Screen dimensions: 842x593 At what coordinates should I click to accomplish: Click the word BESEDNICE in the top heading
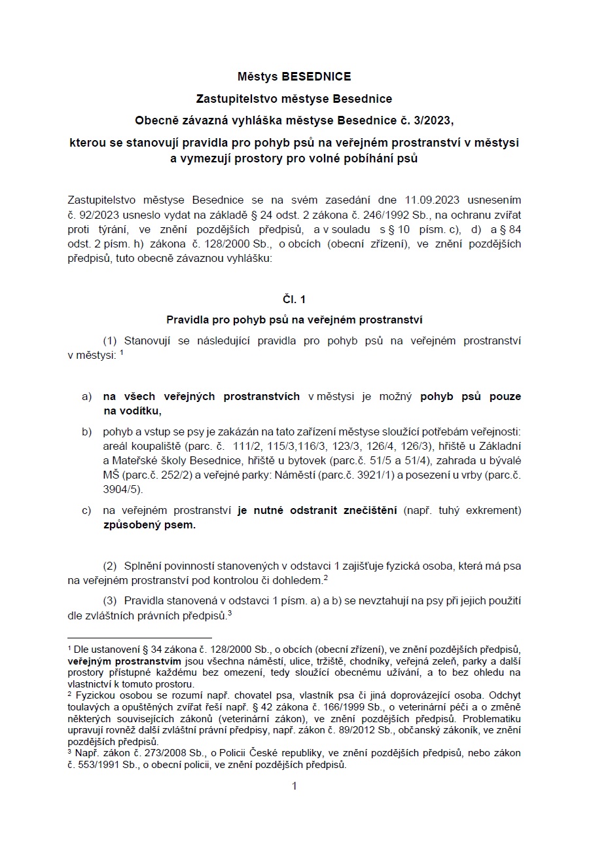(x=316, y=77)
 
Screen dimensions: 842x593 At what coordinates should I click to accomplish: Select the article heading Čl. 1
(x=294, y=299)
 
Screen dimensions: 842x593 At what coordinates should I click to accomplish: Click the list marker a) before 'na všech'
(x=86, y=397)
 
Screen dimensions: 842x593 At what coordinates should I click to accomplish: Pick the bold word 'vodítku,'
(x=138, y=411)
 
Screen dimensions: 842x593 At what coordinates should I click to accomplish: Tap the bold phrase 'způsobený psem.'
(x=149, y=524)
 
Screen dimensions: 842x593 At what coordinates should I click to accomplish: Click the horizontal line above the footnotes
(x=139, y=637)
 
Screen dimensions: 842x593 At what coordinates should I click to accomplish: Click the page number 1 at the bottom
(x=294, y=786)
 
